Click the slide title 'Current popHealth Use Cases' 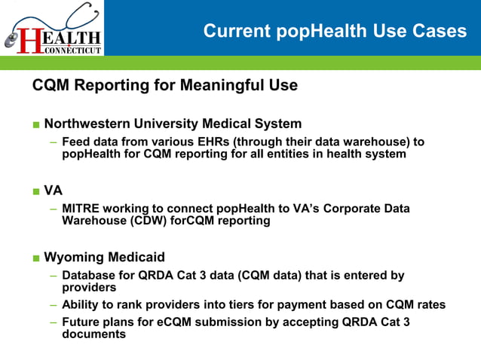pos(335,31)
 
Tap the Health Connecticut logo pos(52,29)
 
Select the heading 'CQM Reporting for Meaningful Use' pos(164,85)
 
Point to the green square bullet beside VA pos(36,191)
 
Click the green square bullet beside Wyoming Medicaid pos(36,258)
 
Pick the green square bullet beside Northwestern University pos(36,124)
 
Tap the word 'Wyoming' pos(74,258)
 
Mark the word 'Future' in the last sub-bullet pos(81,322)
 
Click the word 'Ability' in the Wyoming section pos(81,305)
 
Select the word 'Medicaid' pos(136,258)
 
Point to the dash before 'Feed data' pos(54,142)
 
